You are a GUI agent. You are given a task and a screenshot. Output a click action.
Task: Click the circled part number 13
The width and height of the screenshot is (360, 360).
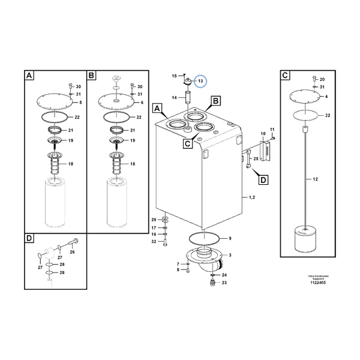[x=201, y=81]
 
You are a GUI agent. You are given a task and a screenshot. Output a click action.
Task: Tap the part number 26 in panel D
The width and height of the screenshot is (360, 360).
[x=73, y=252]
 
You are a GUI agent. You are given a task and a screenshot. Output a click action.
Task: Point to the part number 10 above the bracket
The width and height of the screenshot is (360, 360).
[x=262, y=133]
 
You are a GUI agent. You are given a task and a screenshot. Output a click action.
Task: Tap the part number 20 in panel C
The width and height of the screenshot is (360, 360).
[x=322, y=79]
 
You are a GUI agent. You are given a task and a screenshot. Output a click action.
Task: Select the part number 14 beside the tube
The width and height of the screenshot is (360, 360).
[x=174, y=98]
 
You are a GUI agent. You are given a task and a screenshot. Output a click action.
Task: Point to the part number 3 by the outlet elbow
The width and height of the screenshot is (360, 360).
[x=230, y=255]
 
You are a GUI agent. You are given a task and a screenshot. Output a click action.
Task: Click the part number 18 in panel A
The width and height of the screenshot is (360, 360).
[x=71, y=164]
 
